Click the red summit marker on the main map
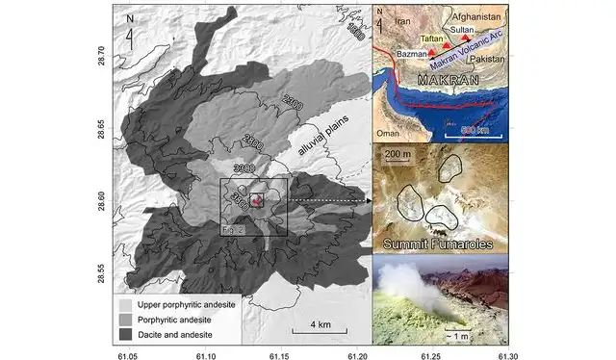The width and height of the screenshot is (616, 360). coord(257,200)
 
